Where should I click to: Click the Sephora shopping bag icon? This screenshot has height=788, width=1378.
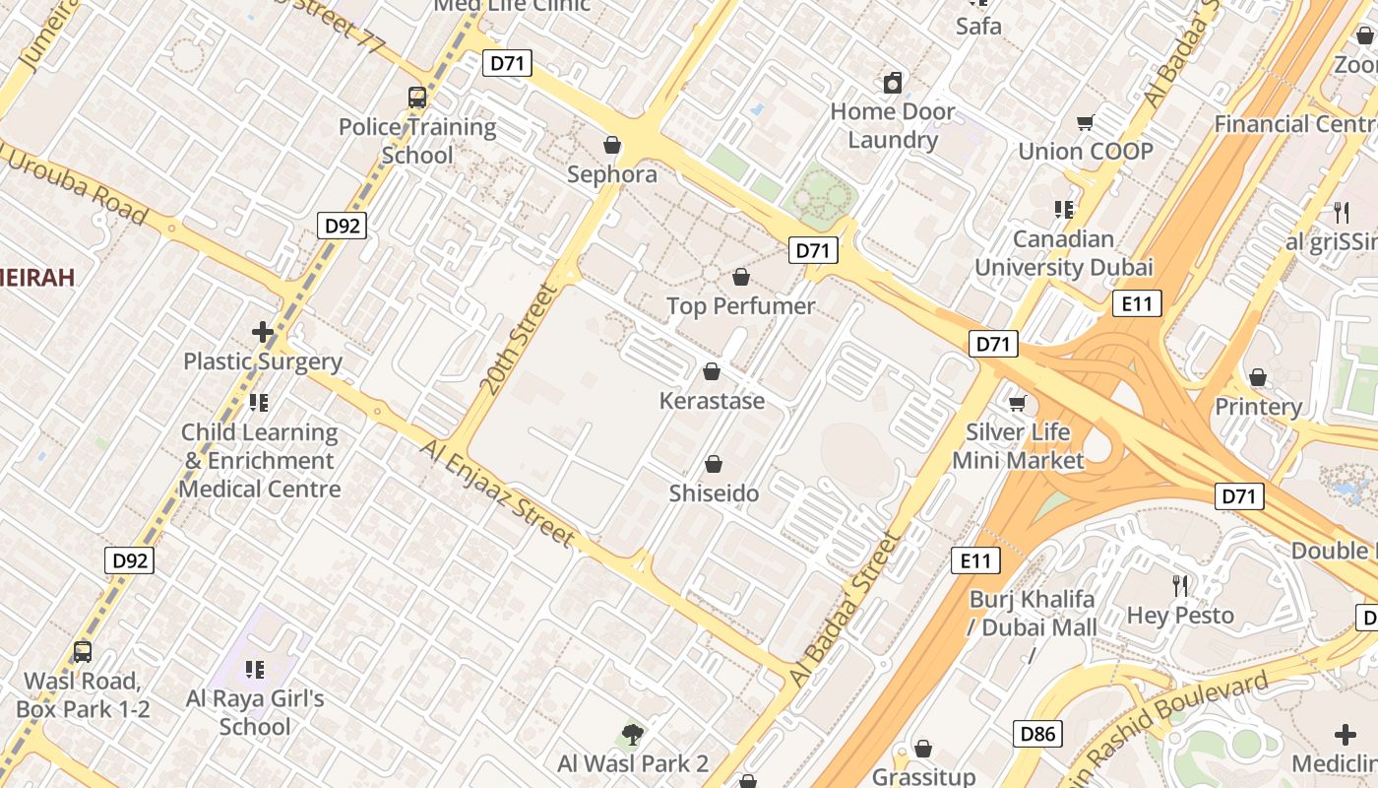point(612,146)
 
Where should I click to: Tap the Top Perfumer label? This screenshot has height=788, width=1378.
point(740,306)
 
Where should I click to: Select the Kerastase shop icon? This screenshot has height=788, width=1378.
point(711,372)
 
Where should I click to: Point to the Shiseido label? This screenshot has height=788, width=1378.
point(714,493)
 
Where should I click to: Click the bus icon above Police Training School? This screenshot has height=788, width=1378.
point(417,98)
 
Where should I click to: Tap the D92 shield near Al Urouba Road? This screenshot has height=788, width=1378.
point(343,226)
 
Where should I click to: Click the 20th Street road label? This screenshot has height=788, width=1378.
point(519,340)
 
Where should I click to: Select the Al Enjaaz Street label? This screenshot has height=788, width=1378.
point(497,492)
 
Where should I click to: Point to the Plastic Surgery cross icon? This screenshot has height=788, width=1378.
point(263,333)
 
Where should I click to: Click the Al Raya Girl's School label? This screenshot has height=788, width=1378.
point(255,712)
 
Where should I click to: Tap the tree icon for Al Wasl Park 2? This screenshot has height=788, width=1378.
point(633,735)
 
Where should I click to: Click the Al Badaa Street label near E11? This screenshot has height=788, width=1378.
point(845,611)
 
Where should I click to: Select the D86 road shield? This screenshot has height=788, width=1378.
point(1037,733)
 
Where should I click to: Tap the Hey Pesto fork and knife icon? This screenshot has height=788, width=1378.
point(1180,586)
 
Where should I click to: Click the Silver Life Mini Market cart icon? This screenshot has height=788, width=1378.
point(1018,403)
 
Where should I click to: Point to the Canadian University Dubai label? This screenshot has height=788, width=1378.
point(1063,253)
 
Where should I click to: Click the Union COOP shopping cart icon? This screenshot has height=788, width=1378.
point(1085,123)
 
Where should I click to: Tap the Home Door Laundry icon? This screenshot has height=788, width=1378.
point(893,83)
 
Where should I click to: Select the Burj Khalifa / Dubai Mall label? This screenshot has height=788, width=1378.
point(1032,613)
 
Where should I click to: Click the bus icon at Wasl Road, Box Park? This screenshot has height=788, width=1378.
point(83,652)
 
